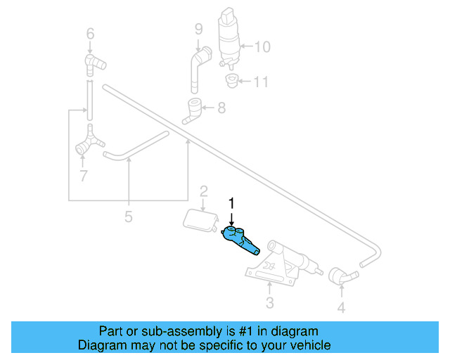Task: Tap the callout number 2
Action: [x=203, y=191]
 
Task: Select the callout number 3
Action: [x=269, y=303]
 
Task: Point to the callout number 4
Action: [x=340, y=307]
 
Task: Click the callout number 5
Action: [x=128, y=217]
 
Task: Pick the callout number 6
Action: [x=89, y=33]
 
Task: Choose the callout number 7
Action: [x=84, y=176]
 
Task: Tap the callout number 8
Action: [x=221, y=108]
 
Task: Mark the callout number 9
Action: [x=199, y=29]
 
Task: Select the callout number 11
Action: [x=260, y=82]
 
